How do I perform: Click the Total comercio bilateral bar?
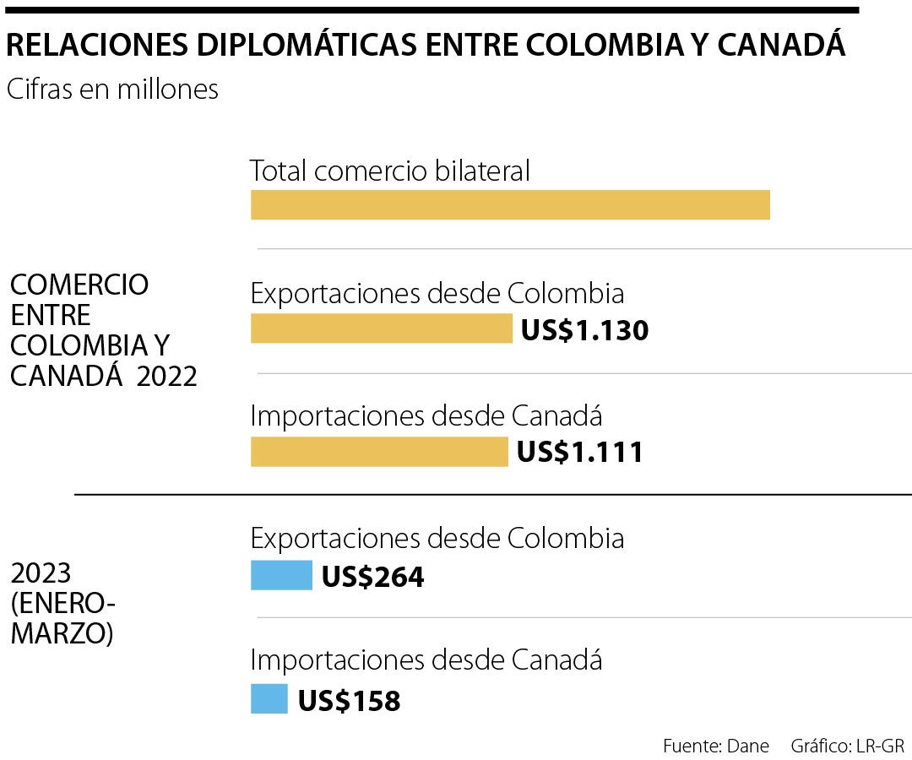(x=510, y=205)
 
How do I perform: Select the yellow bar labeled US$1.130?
(x=382, y=328)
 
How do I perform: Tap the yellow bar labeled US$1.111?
(x=379, y=452)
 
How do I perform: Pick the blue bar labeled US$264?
(x=281, y=576)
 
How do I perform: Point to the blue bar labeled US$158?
(x=269, y=699)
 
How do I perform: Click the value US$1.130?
(x=584, y=329)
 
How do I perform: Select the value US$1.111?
(x=580, y=453)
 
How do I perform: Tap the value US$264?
(x=372, y=577)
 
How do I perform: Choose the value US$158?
(x=349, y=700)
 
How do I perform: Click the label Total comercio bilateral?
(x=390, y=171)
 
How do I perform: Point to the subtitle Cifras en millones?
(x=112, y=90)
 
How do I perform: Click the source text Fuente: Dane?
(x=716, y=746)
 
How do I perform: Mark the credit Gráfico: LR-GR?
(x=847, y=746)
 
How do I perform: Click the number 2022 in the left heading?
(x=166, y=377)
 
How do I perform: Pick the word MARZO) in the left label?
(x=62, y=633)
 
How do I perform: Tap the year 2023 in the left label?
(x=41, y=573)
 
